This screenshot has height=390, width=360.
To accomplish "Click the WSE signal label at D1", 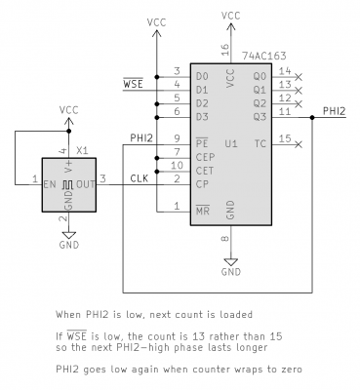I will [134, 86].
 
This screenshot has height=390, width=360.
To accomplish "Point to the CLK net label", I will [139, 175].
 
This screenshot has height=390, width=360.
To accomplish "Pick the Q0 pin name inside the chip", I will [258, 74].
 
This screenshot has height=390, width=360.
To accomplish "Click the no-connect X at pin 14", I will [299, 75].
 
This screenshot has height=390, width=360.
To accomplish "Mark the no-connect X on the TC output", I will [299, 144].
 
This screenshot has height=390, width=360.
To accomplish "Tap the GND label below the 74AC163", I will [230, 272].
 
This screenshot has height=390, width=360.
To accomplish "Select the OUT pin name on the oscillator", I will [88, 181].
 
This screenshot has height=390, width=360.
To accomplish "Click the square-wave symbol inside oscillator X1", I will [67, 182].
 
